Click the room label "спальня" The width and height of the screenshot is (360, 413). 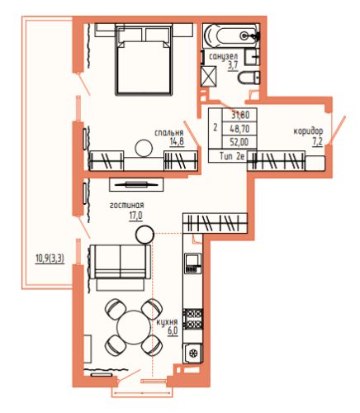tap(169, 133)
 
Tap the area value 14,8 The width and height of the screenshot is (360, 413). tap(177, 142)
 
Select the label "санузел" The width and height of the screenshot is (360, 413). tap(224, 57)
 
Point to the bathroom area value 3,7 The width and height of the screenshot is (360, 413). tap(233, 66)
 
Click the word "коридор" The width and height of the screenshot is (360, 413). tap(308, 131)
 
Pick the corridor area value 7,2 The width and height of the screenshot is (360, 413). tap(317, 140)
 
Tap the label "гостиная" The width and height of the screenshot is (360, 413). tap(127, 206)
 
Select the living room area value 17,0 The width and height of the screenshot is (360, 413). tap(135, 216)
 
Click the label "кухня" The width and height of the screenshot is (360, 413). tap(167, 322)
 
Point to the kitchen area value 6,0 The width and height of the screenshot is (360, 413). tap(173, 331)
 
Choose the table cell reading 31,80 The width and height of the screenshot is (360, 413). tap(240, 115)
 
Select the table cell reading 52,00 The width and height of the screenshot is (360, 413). tap(239, 142)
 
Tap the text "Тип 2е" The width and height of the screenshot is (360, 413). tap(232, 156)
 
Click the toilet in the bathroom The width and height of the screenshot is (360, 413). tap(249, 78)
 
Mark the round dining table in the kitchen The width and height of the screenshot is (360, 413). tap(134, 327)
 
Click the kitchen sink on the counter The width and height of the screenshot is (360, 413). tap(193, 354)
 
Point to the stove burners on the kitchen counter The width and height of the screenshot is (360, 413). tap(194, 320)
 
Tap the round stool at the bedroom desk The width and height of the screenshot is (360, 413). tap(144, 148)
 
